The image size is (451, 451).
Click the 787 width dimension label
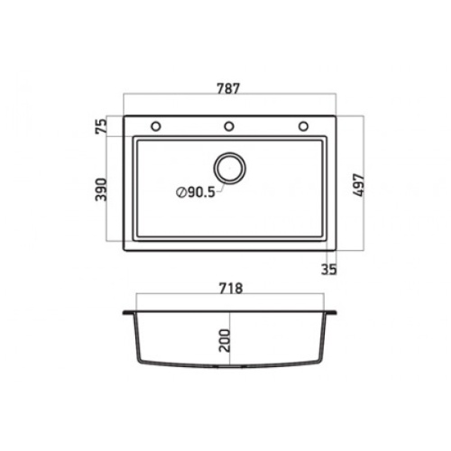[x=228, y=88]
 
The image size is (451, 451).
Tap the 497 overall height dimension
[x=358, y=185]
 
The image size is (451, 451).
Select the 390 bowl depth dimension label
[x=101, y=189]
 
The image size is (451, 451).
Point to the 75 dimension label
[x=101, y=126]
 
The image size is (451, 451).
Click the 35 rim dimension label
[x=329, y=269]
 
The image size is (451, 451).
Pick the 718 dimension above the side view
[x=231, y=289]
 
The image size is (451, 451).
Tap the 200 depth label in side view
[x=225, y=341]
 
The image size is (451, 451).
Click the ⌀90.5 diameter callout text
[x=196, y=192]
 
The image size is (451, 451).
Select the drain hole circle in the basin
[x=230, y=168]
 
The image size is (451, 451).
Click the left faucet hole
[x=156, y=126]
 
